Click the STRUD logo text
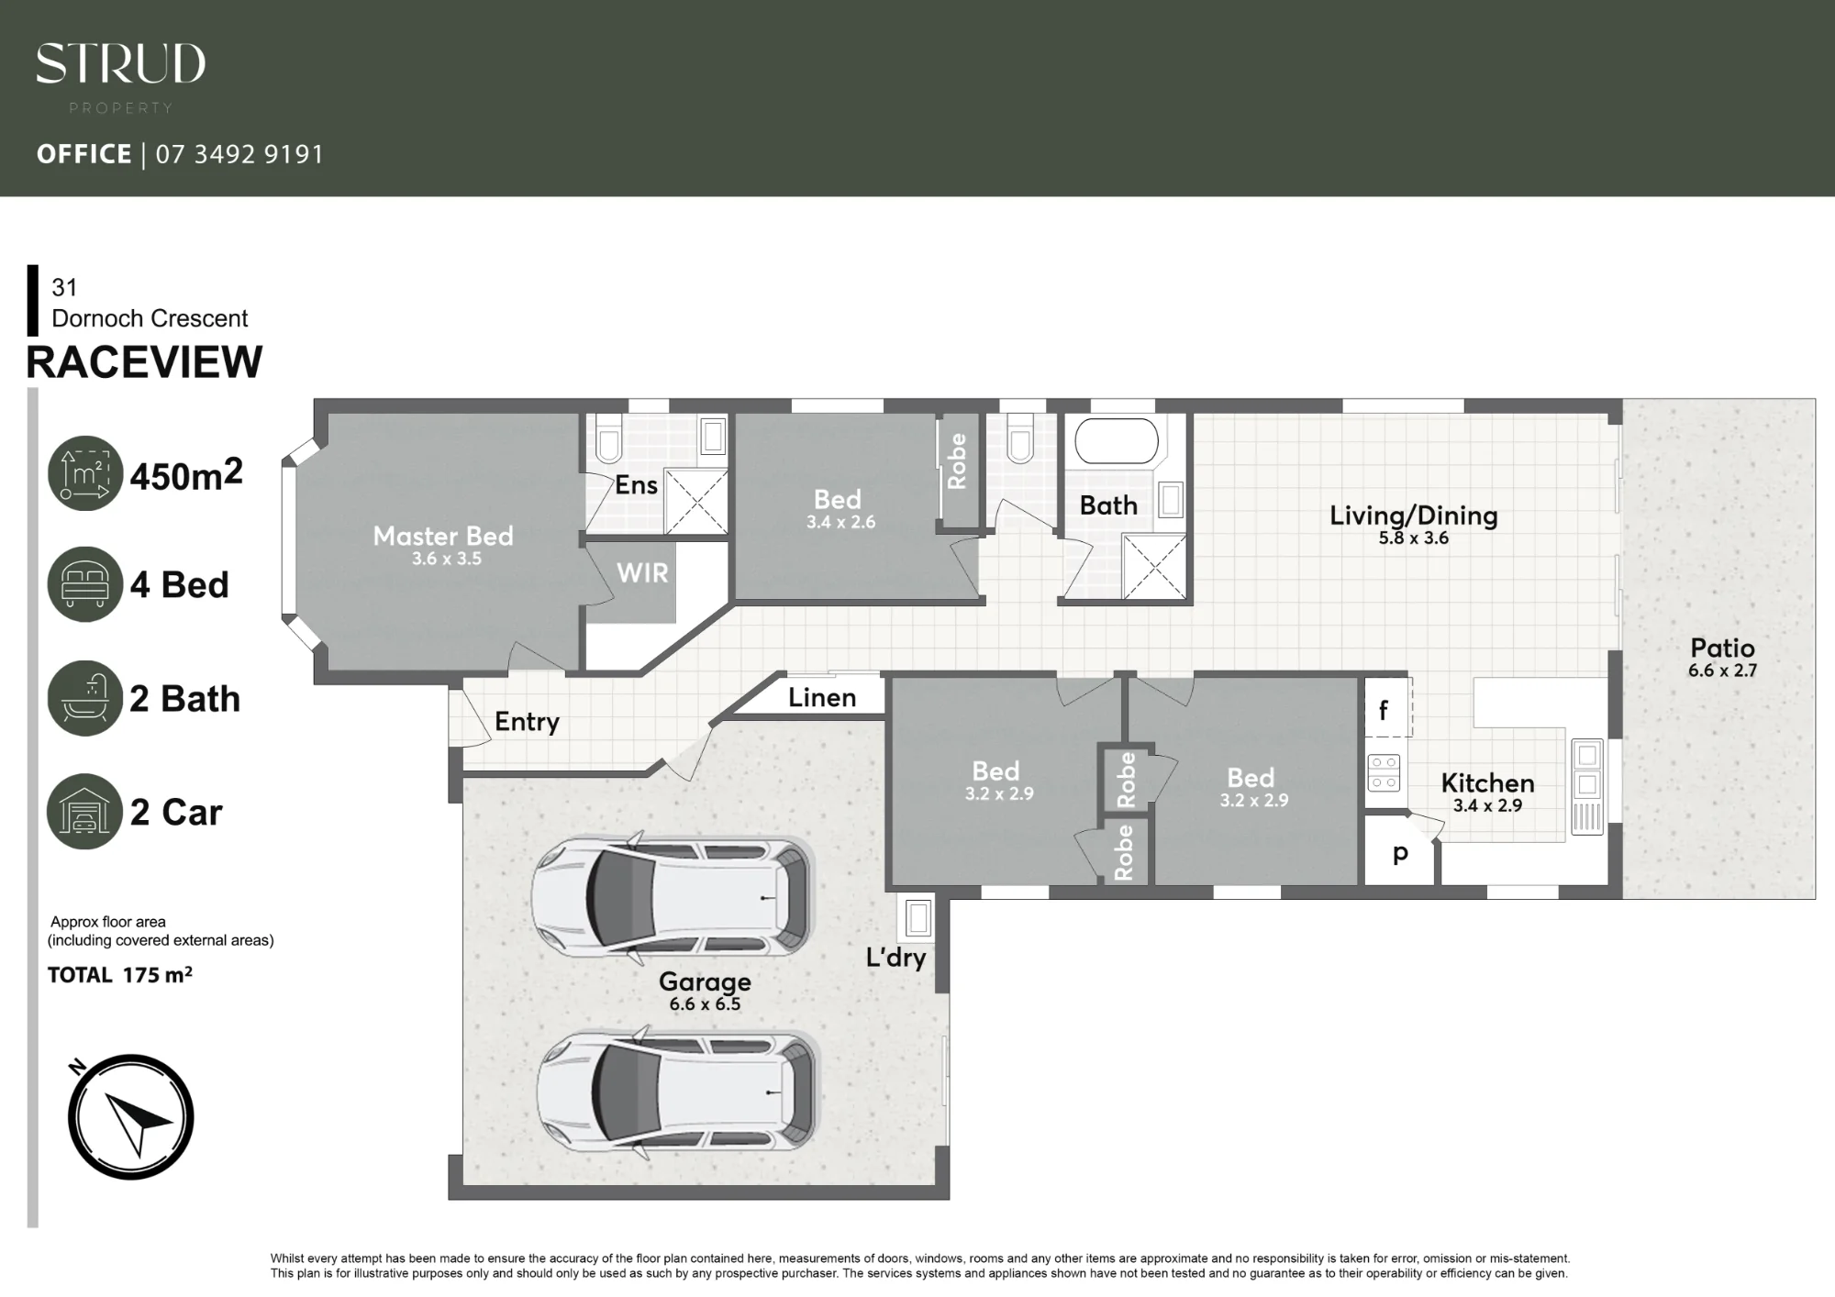click(120, 64)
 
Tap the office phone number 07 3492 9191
click(240, 154)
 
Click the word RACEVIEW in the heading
click(144, 362)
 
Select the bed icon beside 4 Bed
click(85, 584)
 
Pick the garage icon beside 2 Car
click(85, 812)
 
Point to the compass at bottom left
click(130, 1116)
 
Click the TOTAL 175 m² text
click(120, 975)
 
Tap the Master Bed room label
click(443, 536)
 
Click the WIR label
click(642, 573)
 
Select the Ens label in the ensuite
click(636, 485)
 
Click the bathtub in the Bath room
click(1117, 441)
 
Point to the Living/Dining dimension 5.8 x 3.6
click(1414, 538)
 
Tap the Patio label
click(1722, 648)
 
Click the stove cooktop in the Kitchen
click(1384, 772)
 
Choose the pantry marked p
click(1400, 853)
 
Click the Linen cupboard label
click(822, 698)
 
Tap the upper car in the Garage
click(673, 898)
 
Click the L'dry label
click(895, 958)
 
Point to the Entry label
click(527, 722)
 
